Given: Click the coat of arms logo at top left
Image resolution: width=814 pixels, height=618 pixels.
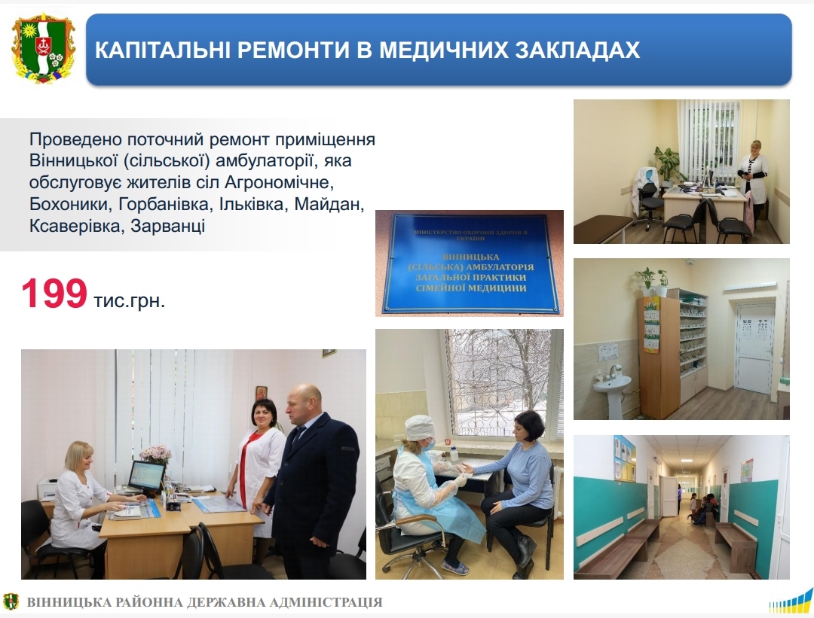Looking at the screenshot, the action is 44,49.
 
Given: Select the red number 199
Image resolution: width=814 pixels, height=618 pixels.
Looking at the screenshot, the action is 54,294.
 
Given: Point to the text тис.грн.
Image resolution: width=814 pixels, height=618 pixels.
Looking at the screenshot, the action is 130,300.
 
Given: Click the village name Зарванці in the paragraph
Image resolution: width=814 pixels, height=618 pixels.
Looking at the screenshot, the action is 167,226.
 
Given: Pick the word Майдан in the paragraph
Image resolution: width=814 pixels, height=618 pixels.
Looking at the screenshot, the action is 329,204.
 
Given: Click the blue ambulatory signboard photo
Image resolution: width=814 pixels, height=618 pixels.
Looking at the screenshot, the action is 470,263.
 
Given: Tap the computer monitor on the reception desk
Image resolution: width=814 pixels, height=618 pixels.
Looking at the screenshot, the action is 146,477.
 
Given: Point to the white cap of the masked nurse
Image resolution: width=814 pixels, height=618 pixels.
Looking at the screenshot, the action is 420,428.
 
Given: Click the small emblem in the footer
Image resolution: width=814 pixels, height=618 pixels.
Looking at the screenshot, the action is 10,601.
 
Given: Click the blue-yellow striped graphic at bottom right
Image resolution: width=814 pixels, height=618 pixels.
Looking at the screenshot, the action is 791,602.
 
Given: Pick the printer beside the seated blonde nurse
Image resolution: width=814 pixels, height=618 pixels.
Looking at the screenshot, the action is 47,489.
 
